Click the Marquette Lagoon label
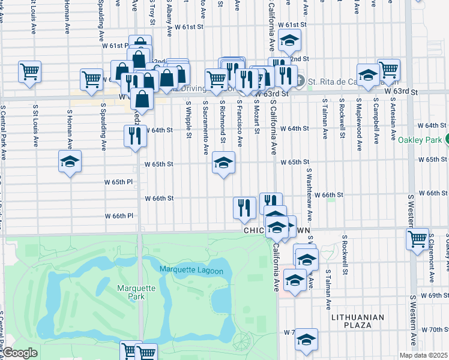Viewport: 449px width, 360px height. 191,271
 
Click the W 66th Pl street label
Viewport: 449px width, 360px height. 119,215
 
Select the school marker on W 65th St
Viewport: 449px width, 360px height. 223,163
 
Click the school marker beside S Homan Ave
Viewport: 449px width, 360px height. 70,161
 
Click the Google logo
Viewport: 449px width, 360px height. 20,353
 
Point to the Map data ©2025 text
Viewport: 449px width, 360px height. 423,355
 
